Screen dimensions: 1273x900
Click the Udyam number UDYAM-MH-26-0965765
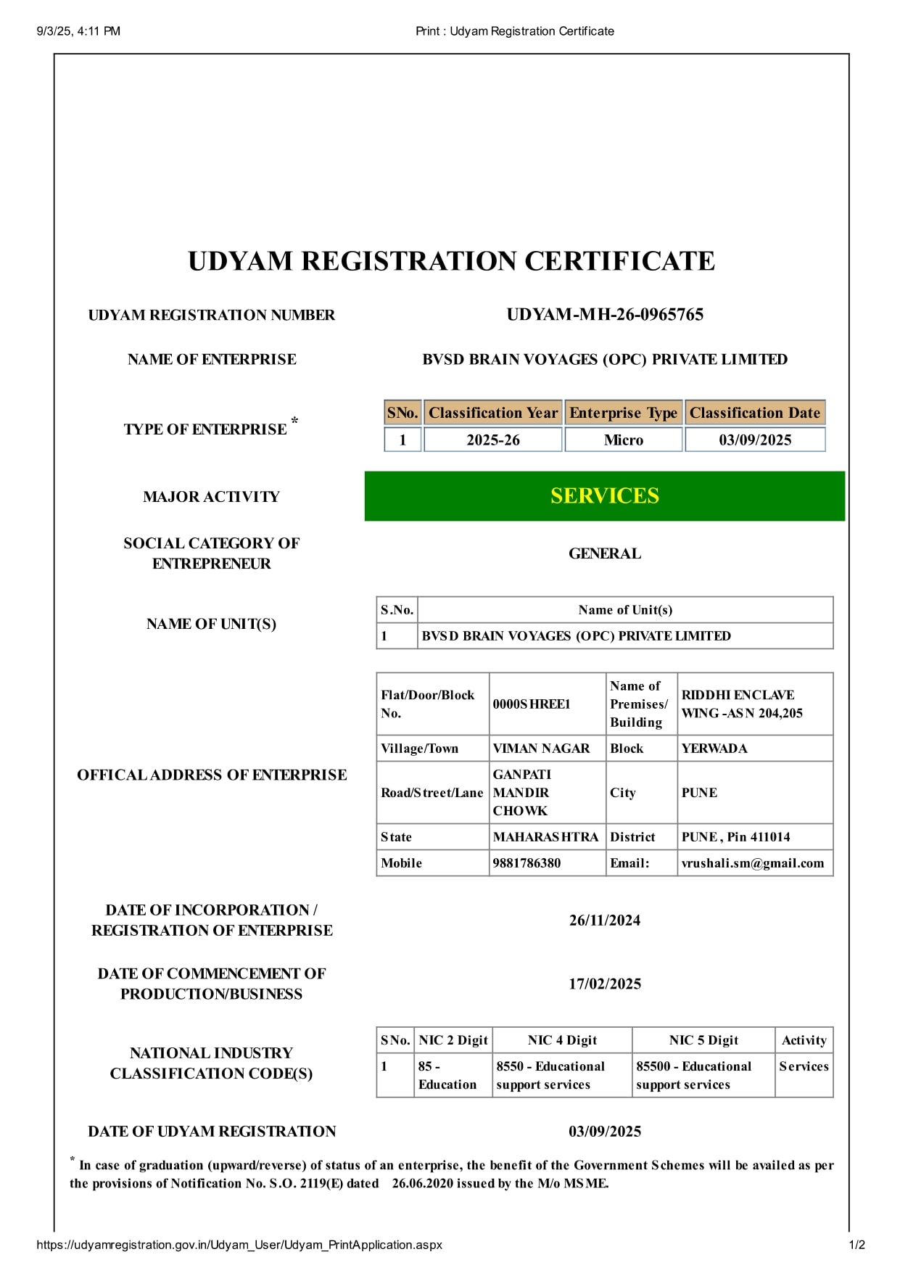[604, 315]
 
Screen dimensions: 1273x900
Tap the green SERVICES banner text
[604, 496]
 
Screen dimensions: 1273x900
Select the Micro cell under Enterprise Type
[623, 440]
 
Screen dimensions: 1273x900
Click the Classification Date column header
[754, 413]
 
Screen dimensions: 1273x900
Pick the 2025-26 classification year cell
[492, 440]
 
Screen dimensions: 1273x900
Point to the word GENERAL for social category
[604, 553]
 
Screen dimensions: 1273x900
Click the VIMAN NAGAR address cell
[541, 749]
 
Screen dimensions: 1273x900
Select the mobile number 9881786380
[527, 863]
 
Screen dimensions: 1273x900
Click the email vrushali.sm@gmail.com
[752, 863]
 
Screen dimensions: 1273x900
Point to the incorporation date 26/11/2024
[604, 920]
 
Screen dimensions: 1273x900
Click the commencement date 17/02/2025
[604, 984]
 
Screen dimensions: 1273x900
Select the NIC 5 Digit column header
[703, 1040]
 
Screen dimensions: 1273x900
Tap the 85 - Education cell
[447, 1075]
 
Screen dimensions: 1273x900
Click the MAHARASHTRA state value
[545, 837]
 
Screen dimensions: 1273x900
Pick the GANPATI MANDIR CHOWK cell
[522, 793]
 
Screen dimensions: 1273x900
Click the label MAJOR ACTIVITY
[211, 497]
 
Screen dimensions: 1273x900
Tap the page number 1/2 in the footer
[856, 1245]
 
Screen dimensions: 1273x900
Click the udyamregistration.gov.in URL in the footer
[239, 1245]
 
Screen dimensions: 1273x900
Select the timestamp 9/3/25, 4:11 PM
[78, 31]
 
